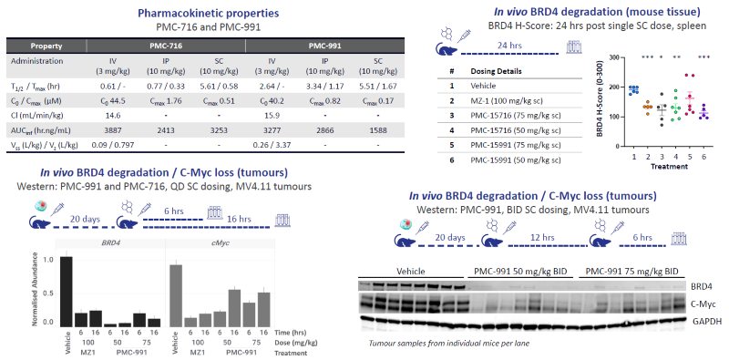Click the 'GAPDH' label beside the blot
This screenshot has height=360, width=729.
click(x=703, y=321)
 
